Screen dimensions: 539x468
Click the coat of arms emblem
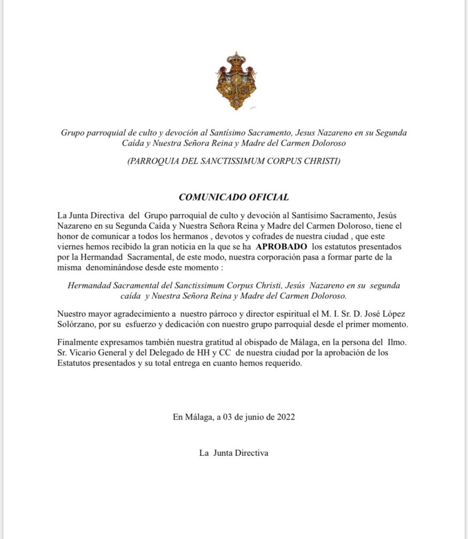236,82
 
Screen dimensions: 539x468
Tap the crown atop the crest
236,58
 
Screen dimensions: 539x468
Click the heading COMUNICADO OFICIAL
234,197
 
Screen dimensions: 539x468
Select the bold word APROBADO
282,246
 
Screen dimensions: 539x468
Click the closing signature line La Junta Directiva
234,453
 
